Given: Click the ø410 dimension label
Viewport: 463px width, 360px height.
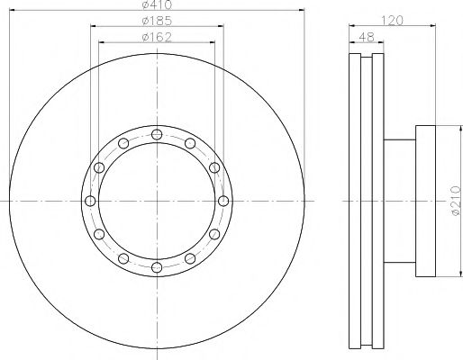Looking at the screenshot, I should pyautogui.click(x=156, y=6).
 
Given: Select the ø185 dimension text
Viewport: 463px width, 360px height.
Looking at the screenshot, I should pyautogui.click(x=156, y=22).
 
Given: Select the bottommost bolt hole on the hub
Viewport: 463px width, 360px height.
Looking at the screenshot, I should pyautogui.click(x=156, y=266).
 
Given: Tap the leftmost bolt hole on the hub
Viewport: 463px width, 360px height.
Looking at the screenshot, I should pyautogui.click(x=89, y=200).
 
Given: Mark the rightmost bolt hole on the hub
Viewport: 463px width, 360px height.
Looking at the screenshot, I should pyautogui.click(x=222, y=200).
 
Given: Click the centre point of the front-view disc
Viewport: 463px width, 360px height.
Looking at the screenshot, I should pyautogui.click(x=156, y=200).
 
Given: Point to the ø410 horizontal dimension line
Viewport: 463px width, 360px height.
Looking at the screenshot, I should pyautogui.click(x=90, y=13).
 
